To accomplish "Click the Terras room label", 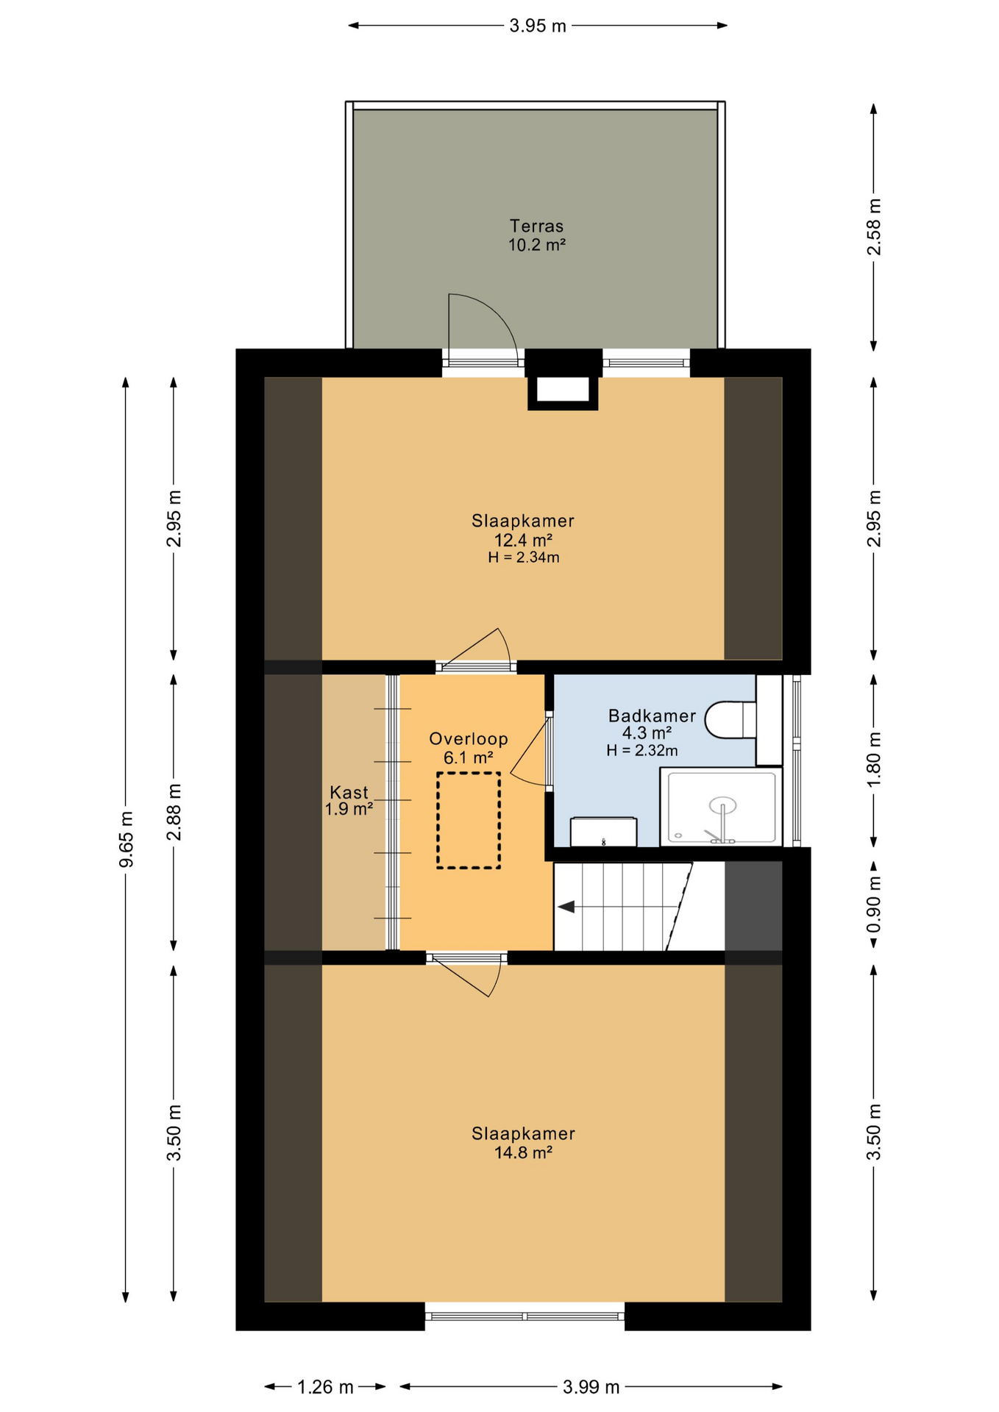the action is [536, 226].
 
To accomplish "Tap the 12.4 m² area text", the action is [523, 540].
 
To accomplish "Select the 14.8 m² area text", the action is [523, 1152].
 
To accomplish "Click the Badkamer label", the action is [652, 716].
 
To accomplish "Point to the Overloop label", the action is [469, 739].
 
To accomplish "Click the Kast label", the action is [349, 793].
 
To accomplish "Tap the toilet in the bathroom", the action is [730, 720].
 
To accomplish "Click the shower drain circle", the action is [722, 805].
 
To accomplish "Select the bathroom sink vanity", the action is [603, 831].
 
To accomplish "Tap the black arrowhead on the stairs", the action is [566, 907].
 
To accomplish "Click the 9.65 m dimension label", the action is [127, 839].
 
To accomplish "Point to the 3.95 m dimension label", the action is [538, 26].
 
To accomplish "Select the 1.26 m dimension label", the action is [325, 1387].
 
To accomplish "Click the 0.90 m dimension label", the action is [873, 905].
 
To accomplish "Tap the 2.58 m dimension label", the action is [873, 227].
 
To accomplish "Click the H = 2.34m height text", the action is [523, 557].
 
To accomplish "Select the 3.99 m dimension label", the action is [591, 1387].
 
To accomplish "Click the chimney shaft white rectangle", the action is [563, 390].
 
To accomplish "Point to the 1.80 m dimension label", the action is [873, 760].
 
